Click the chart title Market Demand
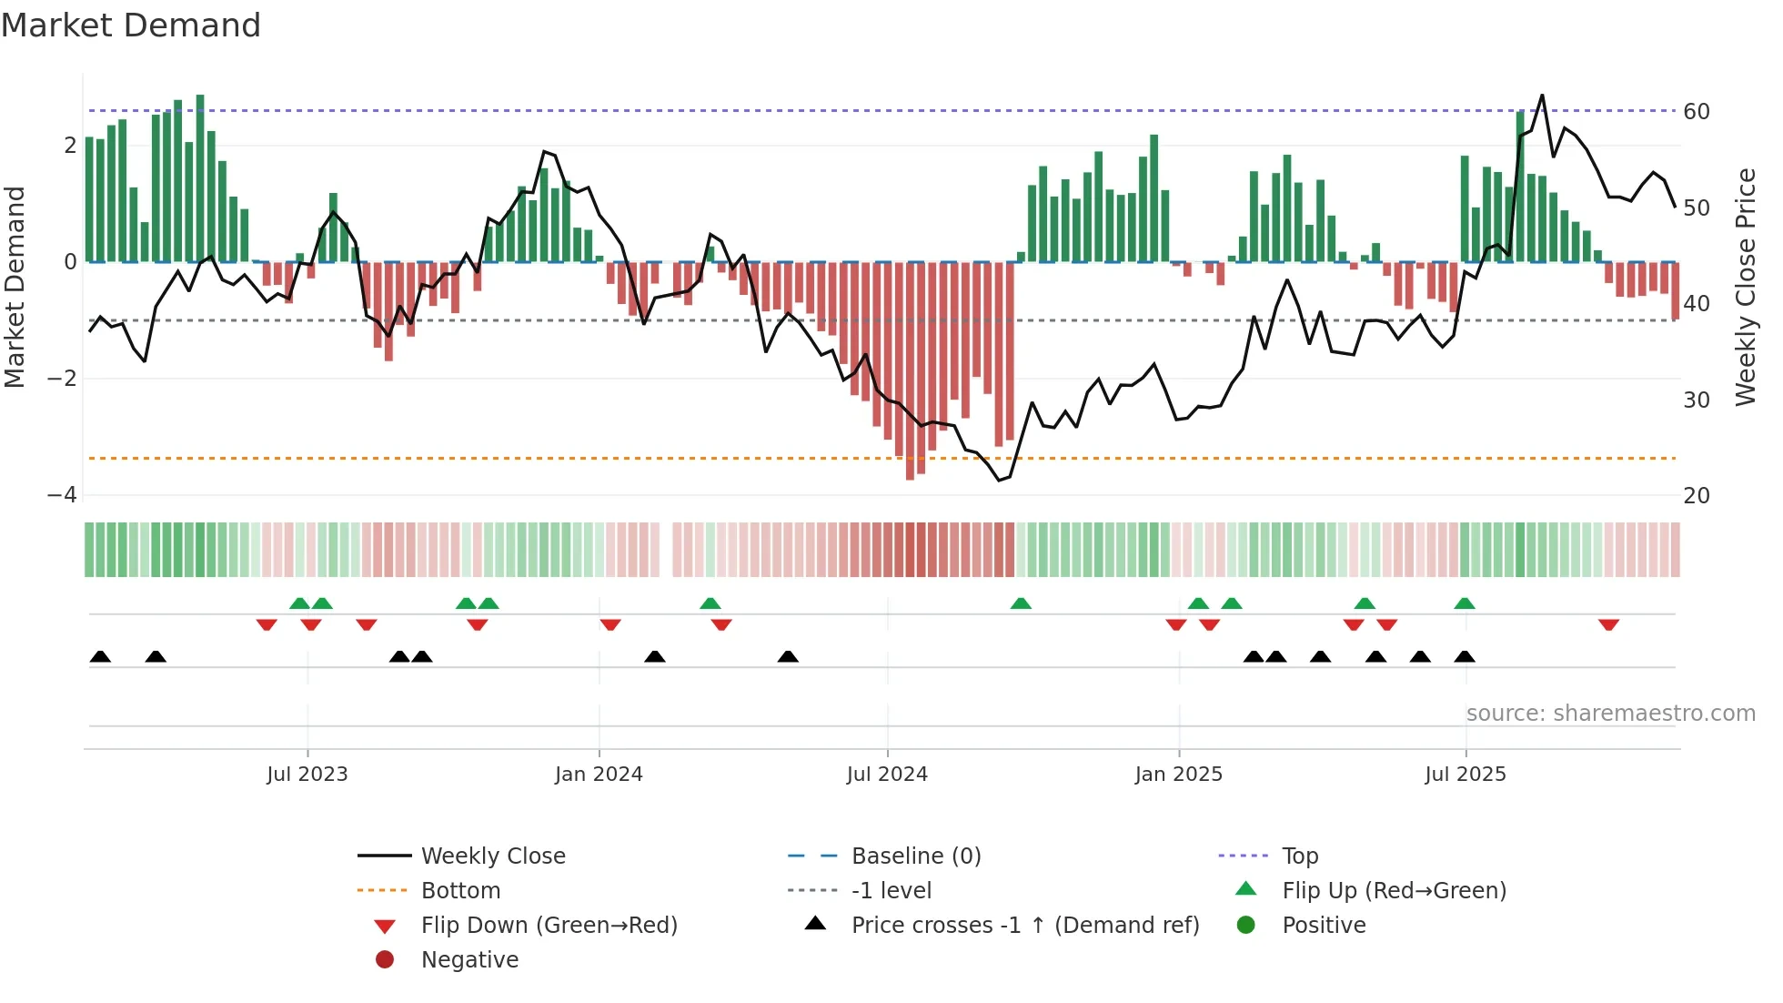tap(131, 25)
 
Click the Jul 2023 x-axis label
tap(307, 775)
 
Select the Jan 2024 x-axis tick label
tap(599, 775)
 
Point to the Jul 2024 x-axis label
tap(887, 775)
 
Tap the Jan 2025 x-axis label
tap(1179, 775)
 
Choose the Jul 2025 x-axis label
tap(1466, 775)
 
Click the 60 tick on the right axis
tap(1697, 112)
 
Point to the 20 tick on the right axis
tap(1697, 496)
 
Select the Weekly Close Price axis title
tap(1745, 287)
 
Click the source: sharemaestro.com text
tap(1610, 714)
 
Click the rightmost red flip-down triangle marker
tap(1608, 624)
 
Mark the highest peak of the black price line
tap(1542, 96)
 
